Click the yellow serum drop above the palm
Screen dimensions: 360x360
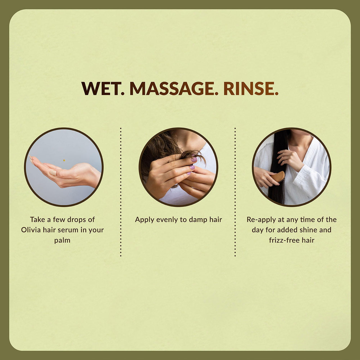pos(64,160)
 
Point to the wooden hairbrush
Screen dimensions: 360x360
pos(278,176)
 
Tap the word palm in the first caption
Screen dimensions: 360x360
pos(62,240)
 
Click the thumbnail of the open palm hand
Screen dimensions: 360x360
pos(64,167)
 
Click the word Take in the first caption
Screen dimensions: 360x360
pos(37,220)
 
